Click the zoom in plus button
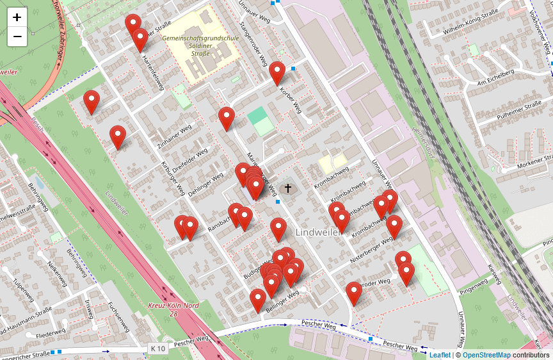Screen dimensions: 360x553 click(x=17, y=17)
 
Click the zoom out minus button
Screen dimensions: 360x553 click(x=17, y=37)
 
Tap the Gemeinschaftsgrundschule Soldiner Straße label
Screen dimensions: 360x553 click(x=200, y=45)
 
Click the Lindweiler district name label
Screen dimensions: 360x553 click(x=318, y=232)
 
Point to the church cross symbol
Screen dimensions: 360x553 click(x=288, y=188)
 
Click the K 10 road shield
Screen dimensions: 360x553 click(x=157, y=348)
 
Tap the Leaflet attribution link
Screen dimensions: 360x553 click(x=440, y=355)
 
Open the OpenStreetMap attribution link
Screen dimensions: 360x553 click(x=486, y=355)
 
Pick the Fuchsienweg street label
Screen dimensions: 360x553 click(x=118, y=316)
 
